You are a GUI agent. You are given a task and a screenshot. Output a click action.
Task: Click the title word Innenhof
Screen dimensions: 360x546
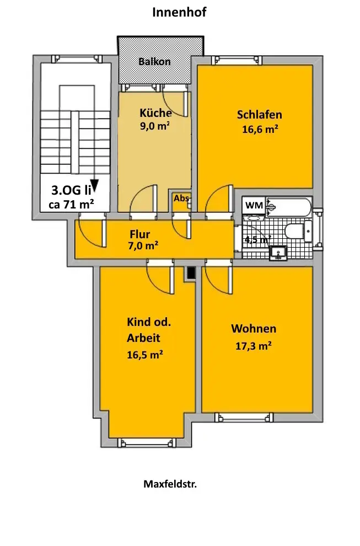(x=179, y=12)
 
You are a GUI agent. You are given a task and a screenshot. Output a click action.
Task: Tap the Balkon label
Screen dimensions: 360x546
(x=154, y=61)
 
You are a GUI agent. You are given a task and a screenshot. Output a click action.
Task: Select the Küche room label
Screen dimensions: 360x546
(x=155, y=113)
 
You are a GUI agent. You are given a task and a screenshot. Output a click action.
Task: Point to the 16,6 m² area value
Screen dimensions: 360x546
(x=259, y=130)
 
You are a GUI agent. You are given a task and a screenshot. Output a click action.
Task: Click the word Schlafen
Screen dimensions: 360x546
(x=259, y=115)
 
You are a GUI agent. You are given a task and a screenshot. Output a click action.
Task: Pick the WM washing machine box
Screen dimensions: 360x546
(x=254, y=205)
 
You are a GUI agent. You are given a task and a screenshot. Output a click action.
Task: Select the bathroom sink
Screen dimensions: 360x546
(x=278, y=253)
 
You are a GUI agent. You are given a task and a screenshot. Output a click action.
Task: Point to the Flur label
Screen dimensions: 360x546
(x=139, y=234)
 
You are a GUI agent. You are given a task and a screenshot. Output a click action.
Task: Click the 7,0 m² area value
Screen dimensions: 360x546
(x=143, y=246)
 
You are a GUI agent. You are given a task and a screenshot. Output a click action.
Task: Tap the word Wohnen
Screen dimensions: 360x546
(x=254, y=329)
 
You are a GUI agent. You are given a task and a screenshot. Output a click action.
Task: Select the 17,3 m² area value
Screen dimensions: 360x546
(x=253, y=346)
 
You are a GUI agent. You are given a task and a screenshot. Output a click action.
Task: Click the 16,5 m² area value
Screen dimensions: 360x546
(x=144, y=355)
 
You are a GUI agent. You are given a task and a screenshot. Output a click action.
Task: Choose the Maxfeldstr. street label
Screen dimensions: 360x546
(x=170, y=484)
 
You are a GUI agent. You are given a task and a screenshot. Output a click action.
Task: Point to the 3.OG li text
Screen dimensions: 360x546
(x=71, y=191)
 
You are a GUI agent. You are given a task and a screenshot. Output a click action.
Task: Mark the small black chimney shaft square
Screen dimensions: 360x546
(x=191, y=272)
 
